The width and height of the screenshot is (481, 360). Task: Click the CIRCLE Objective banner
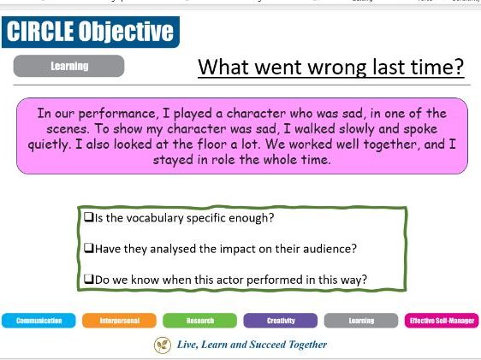(90, 32)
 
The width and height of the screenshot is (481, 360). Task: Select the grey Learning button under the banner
(69, 66)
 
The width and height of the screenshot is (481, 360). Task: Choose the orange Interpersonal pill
(119, 321)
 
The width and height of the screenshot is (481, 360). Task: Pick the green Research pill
(199, 321)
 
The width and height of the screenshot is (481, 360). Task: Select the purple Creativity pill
(281, 321)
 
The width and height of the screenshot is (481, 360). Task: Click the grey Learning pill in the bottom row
(361, 321)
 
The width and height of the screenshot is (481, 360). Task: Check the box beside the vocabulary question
(88, 218)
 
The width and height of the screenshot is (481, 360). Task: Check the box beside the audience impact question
(88, 248)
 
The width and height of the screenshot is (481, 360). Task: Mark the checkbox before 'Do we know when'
(88, 278)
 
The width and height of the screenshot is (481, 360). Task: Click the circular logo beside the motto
(162, 345)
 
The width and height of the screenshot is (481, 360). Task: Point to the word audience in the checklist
(329, 248)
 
